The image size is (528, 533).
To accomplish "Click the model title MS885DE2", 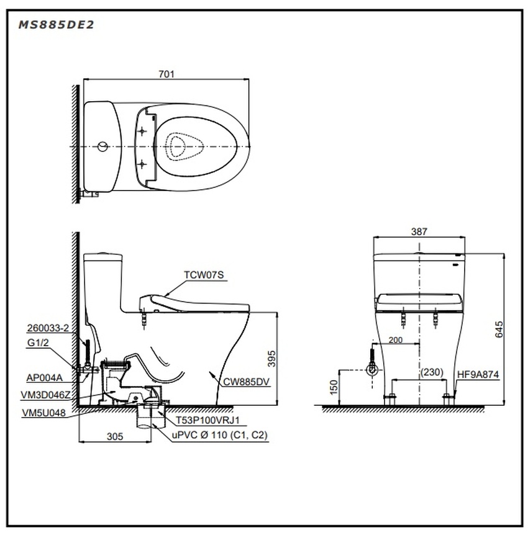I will click(x=56, y=25).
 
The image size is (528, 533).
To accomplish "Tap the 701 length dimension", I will click(x=166, y=74).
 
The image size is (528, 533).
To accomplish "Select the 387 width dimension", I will click(x=419, y=231).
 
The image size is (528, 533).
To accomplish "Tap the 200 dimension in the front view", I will click(x=396, y=340).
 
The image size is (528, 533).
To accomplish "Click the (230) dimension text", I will click(x=432, y=372).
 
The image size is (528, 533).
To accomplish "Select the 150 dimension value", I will click(x=333, y=388).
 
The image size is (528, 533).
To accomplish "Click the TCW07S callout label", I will click(x=201, y=274).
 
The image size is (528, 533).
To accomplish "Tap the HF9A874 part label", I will click(x=478, y=375).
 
